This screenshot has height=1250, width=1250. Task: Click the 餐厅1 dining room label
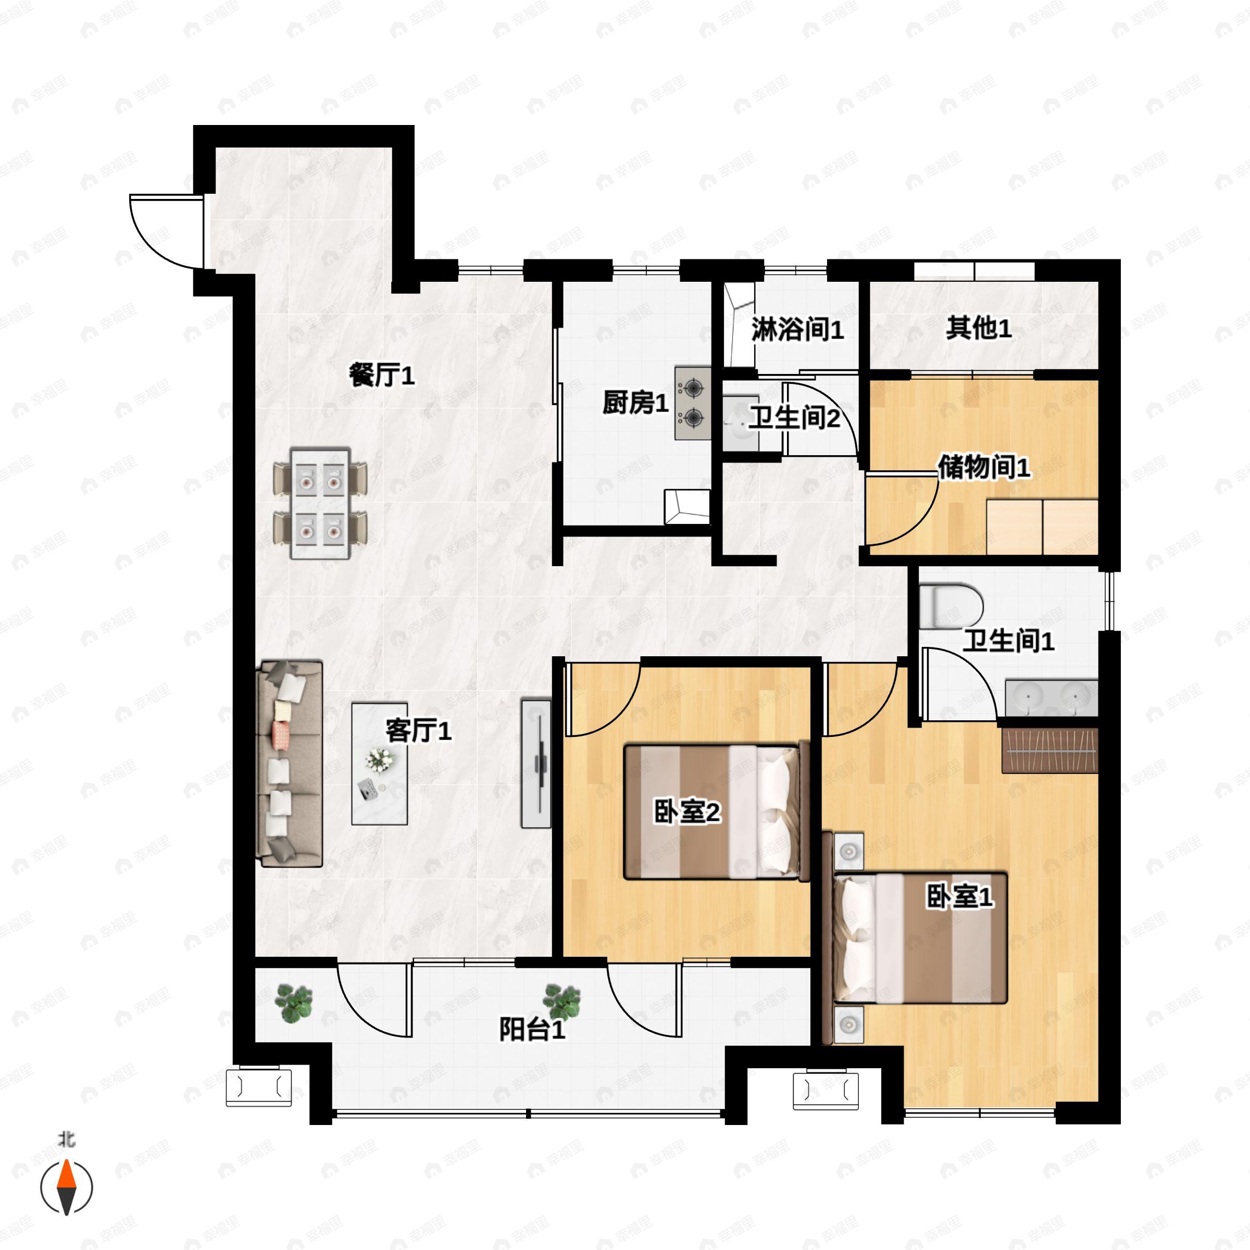pos(381,374)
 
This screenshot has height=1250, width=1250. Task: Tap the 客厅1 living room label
pos(418,731)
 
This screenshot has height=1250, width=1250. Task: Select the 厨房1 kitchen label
pos(635,403)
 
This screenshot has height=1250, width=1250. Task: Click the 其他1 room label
pos(978,328)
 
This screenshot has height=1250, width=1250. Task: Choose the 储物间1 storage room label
pos(983,467)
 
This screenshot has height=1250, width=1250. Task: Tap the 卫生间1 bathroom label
pos(1008,641)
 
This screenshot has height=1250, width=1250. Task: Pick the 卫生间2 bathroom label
pos(794,418)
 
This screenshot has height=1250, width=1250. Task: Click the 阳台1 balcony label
pos(532,1029)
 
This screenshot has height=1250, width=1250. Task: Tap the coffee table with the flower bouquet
pos(379,764)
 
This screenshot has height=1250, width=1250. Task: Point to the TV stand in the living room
pos(536,763)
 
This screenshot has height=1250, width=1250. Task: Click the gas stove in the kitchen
pos(692,403)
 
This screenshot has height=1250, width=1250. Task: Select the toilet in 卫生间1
pos(951,606)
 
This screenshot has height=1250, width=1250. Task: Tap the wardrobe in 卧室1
pos(1049,750)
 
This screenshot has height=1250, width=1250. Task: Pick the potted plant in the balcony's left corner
pos(294,1002)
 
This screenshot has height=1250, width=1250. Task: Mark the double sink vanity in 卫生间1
pos(1052,697)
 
